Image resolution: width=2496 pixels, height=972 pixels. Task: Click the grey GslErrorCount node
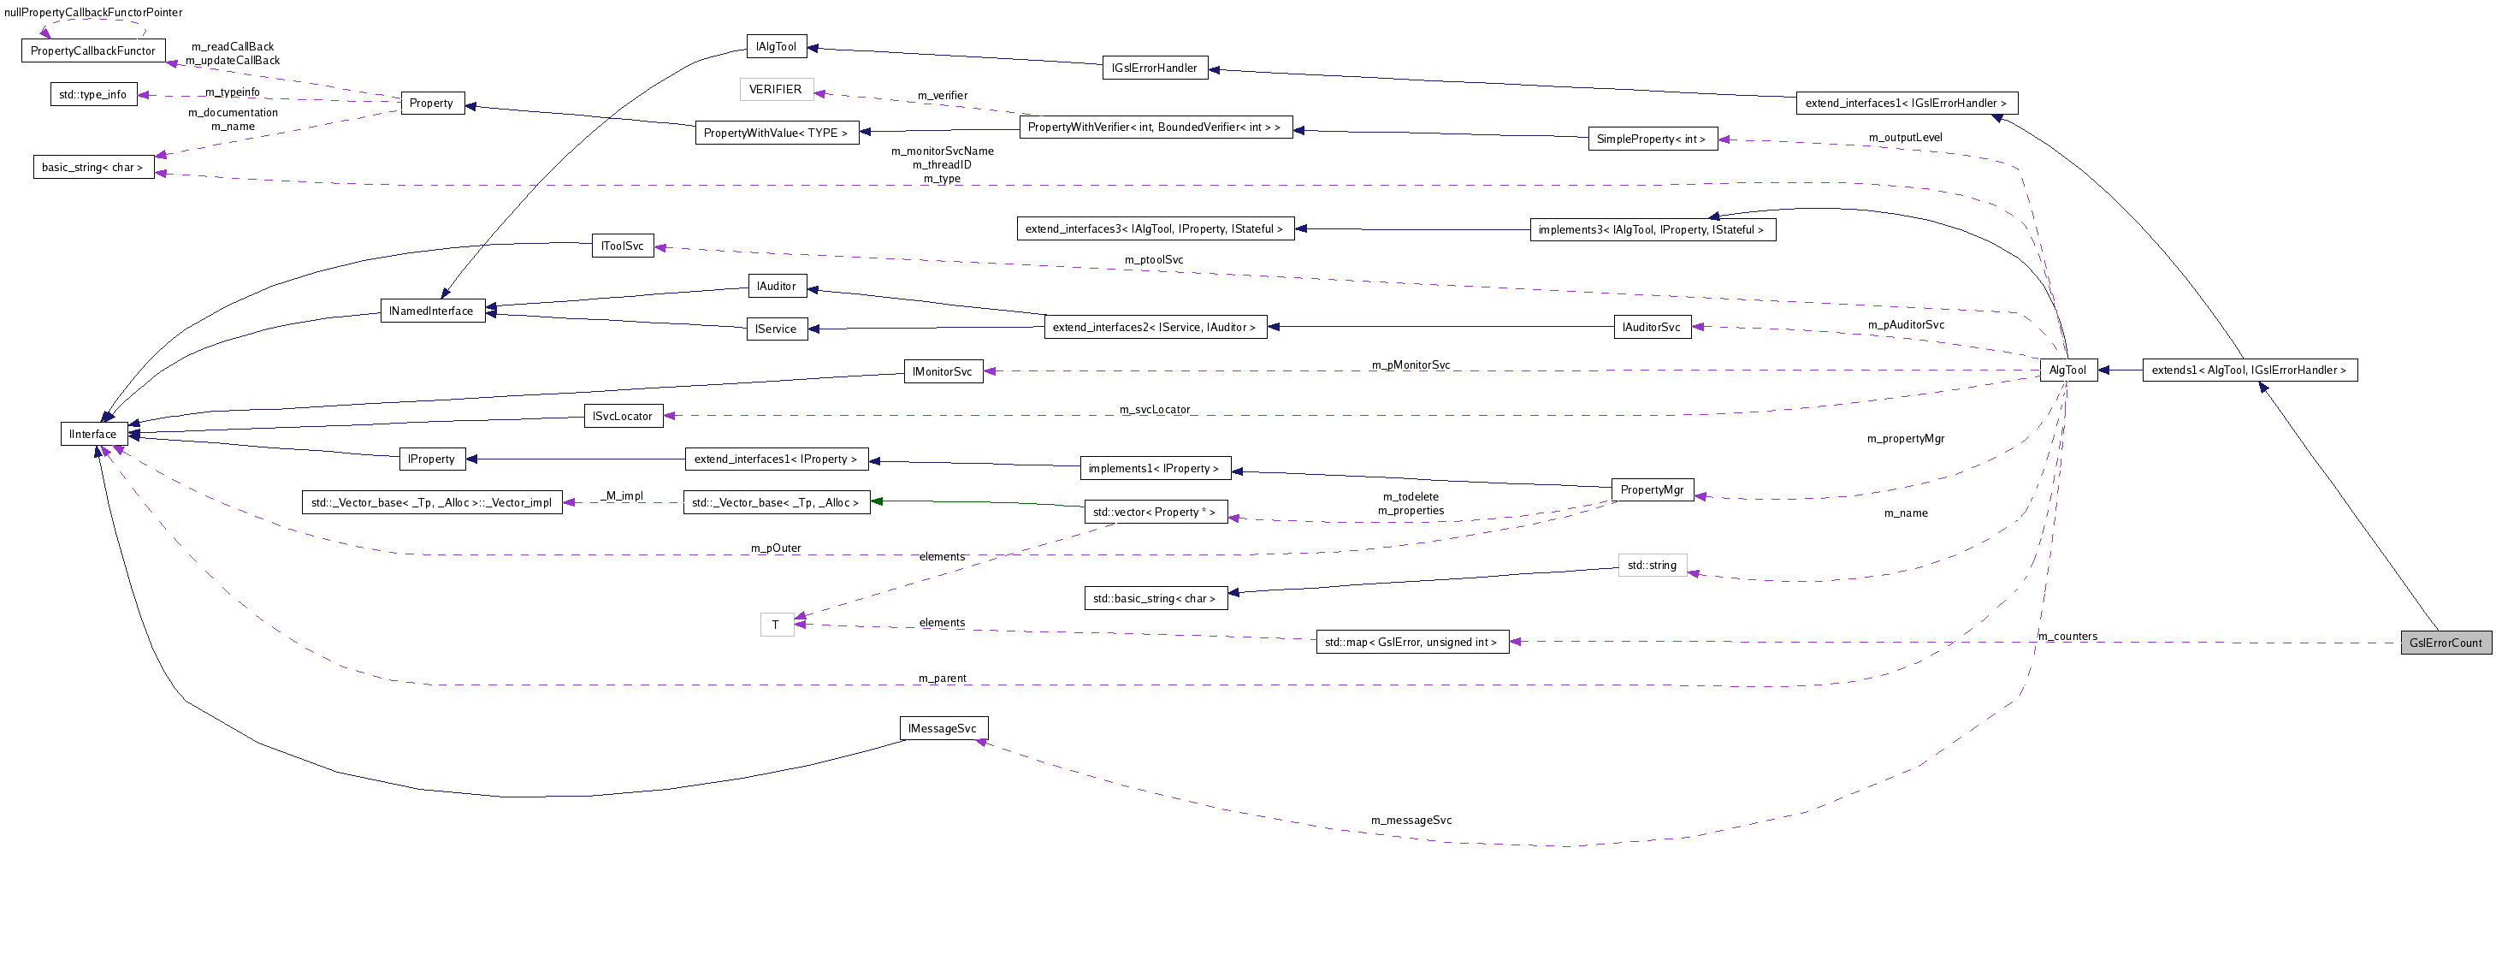[x=2445, y=643]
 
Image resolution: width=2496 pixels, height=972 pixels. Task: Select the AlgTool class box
[x=2067, y=370]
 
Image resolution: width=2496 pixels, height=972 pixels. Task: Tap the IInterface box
[x=93, y=434]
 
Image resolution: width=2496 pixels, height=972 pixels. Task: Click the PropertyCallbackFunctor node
[x=93, y=50]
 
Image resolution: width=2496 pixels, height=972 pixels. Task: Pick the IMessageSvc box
[x=943, y=729]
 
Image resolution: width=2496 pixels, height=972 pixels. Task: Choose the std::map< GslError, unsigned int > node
[x=1411, y=643]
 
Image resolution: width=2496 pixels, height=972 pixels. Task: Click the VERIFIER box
[x=775, y=89]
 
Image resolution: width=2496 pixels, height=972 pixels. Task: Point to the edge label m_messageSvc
[x=1411, y=820]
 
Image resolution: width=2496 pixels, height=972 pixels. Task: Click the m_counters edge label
[x=2067, y=637]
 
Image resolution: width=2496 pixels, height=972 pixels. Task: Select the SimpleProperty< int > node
[x=1651, y=139]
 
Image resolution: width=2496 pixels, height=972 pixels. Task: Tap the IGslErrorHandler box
[x=1154, y=68]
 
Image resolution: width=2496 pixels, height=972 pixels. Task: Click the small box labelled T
[x=776, y=625]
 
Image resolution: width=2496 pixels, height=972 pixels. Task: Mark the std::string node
[x=1651, y=565]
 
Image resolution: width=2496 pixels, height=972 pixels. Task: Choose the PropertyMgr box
[x=1651, y=489]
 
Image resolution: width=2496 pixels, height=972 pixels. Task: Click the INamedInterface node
[x=431, y=311]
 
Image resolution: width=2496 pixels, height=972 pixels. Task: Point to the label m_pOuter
[x=775, y=548]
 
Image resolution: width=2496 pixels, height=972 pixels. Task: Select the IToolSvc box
[x=622, y=246]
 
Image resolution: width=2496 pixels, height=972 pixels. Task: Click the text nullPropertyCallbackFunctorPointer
[x=93, y=13]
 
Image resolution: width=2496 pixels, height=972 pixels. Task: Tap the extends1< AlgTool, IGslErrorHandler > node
[x=2249, y=370]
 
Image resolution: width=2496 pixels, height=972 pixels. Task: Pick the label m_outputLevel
[x=1905, y=138]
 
